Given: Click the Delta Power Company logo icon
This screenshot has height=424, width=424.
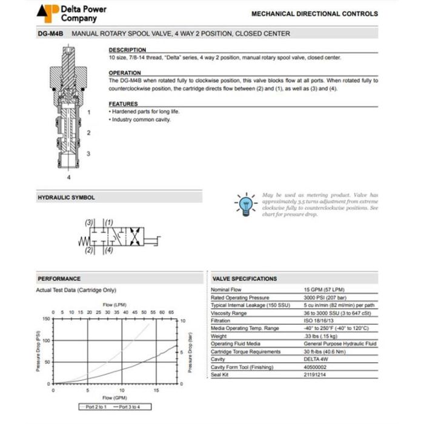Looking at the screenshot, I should [47, 12].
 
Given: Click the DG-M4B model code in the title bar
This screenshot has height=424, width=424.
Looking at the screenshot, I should [51, 34].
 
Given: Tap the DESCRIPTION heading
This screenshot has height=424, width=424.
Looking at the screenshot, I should [127, 50].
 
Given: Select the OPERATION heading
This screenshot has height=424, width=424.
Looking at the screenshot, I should [125, 73].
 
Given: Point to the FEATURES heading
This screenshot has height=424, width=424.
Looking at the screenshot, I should [124, 104].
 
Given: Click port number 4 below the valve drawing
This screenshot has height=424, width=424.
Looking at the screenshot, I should [69, 177].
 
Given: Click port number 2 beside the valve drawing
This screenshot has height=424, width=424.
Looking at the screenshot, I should [88, 133].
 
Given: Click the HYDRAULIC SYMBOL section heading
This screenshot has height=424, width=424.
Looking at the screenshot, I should [66, 197].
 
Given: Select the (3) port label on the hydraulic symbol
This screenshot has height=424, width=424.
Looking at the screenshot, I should [89, 223].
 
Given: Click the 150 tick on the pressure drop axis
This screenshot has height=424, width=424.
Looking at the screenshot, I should [47, 319].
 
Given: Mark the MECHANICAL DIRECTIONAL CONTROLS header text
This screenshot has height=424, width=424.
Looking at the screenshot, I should [314, 13].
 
